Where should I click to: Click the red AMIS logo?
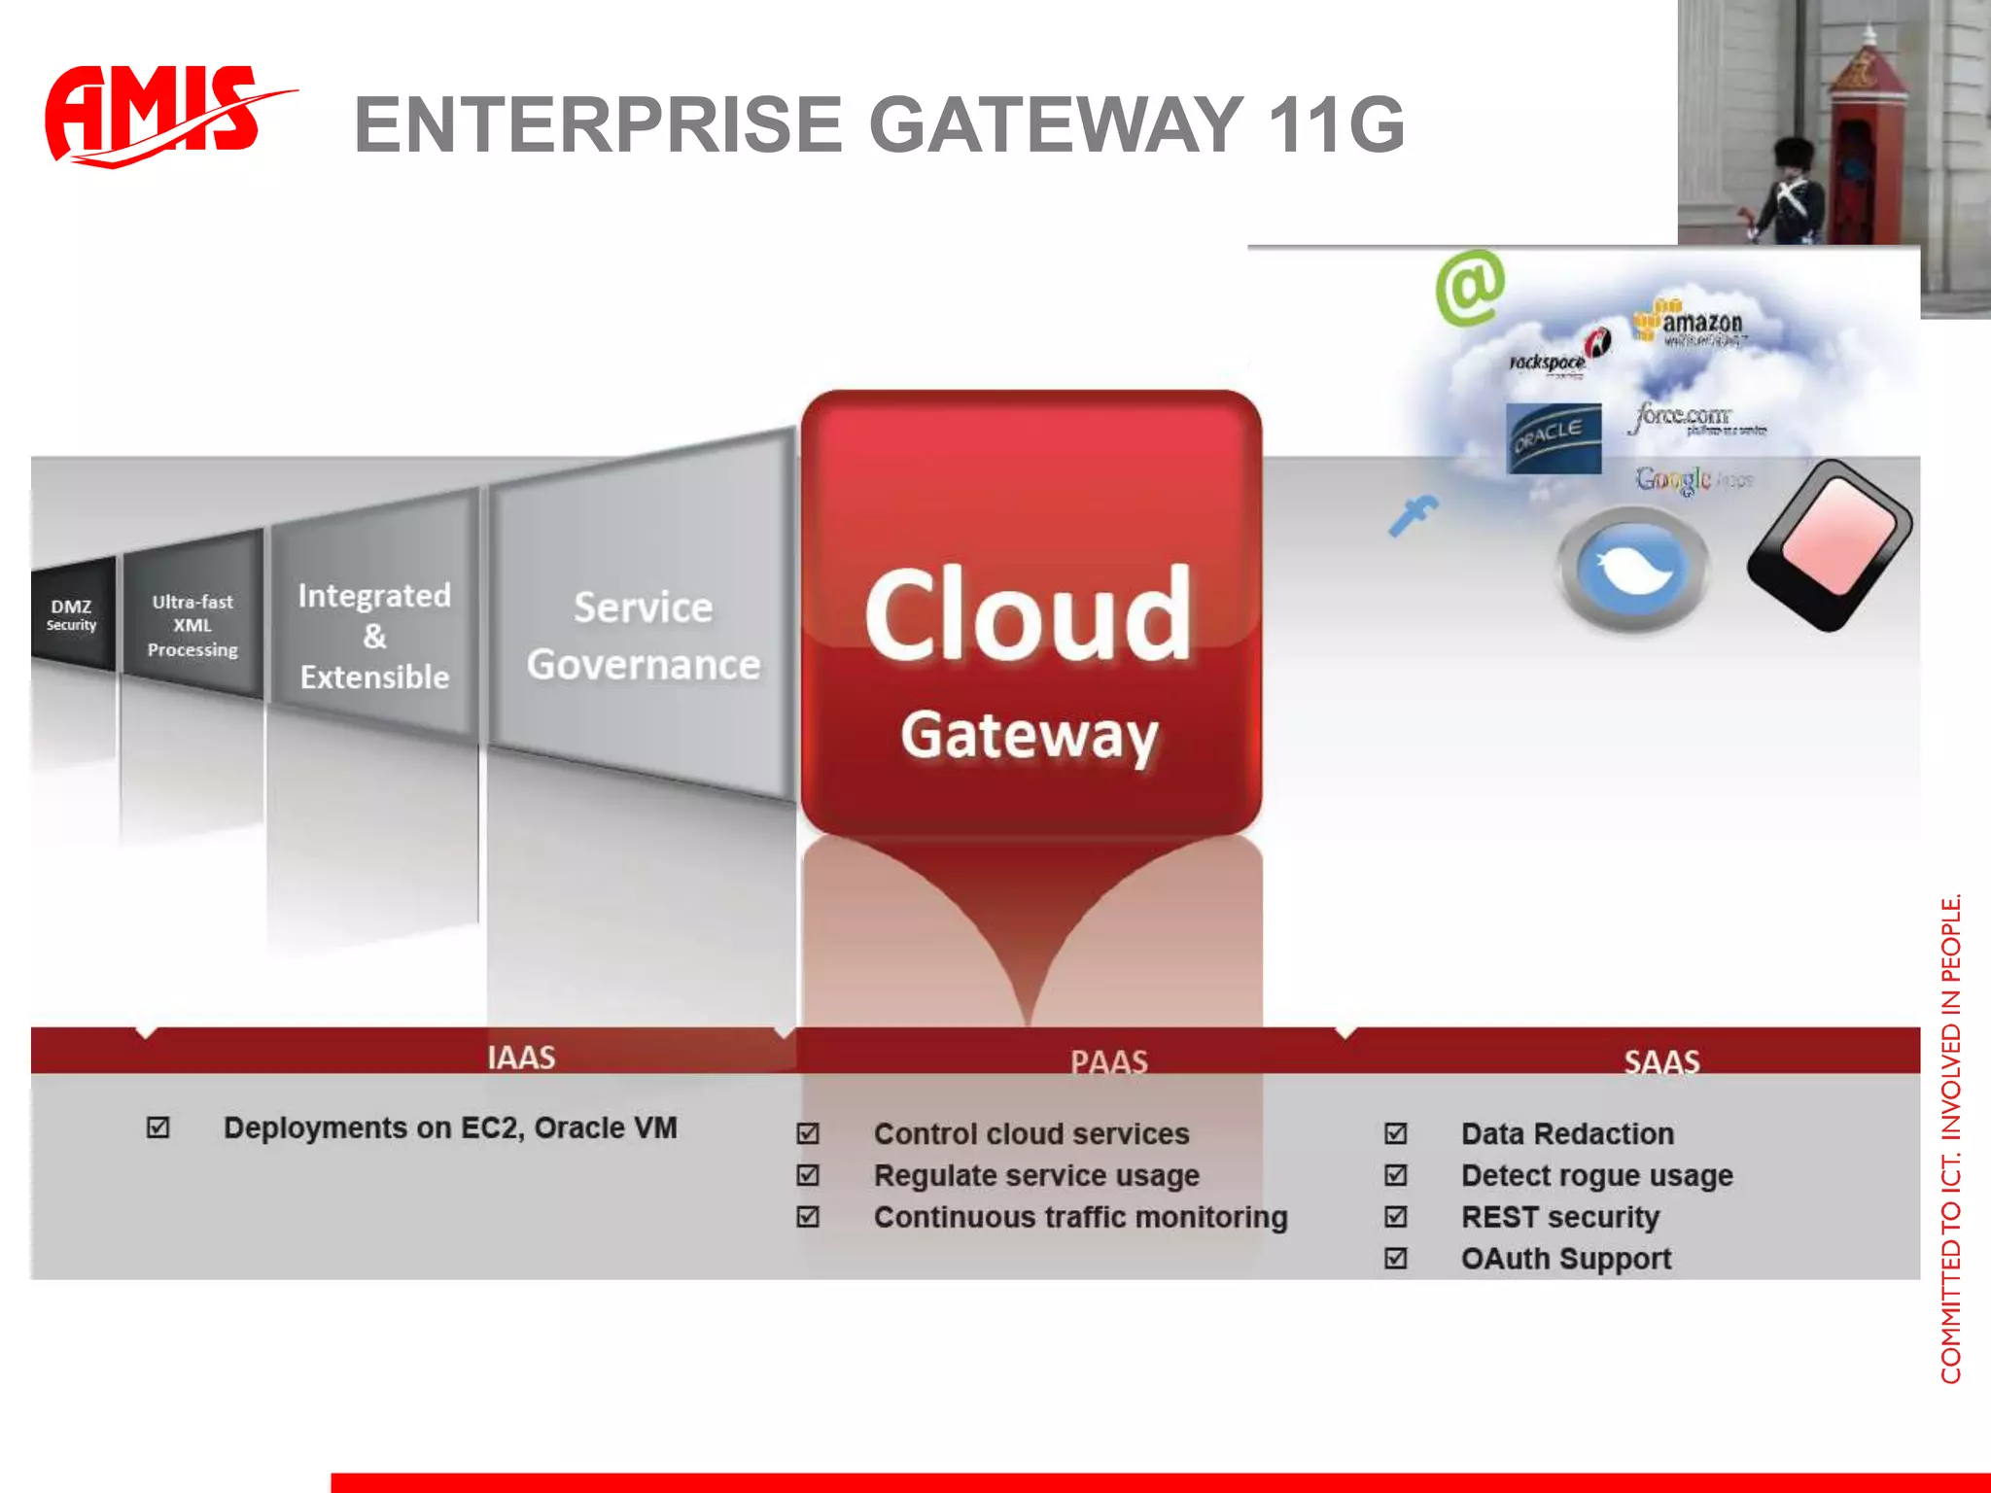(156, 115)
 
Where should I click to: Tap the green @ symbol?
(1470, 287)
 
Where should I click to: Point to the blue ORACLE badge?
(1553, 438)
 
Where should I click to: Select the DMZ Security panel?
(72, 614)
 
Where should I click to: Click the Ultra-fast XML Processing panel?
(192, 625)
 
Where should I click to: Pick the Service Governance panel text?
(643, 636)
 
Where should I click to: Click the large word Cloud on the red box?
(1029, 614)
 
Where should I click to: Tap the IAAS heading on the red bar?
(521, 1058)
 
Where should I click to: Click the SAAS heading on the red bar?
(1661, 1061)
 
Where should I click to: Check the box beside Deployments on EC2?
(157, 1128)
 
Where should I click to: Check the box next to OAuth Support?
(1395, 1259)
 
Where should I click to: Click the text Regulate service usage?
(1036, 1176)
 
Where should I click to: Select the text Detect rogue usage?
(1596, 1176)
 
